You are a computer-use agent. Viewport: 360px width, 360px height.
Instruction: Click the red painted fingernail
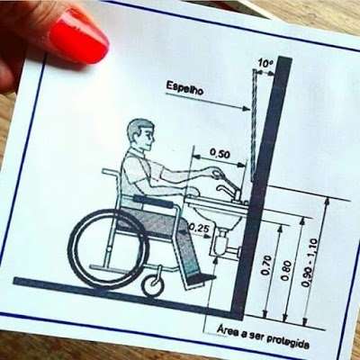(x=78, y=35)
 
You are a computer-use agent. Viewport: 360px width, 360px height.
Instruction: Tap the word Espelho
(x=184, y=88)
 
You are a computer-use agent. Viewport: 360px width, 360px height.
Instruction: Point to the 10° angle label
(x=265, y=64)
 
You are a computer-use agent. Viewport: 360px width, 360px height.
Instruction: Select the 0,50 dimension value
(x=220, y=154)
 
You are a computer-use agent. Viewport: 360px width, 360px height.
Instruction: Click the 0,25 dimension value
(x=197, y=229)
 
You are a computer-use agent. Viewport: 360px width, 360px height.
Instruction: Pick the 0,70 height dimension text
(x=266, y=265)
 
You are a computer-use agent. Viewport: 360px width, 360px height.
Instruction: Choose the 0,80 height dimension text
(x=287, y=271)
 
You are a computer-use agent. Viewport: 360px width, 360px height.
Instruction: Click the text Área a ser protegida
(x=263, y=337)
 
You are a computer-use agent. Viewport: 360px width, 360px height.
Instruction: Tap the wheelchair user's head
(x=141, y=135)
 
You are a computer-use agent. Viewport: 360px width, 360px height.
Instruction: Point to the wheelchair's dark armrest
(x=154, y=202)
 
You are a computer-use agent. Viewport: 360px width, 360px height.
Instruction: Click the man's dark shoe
(x=201, y=278)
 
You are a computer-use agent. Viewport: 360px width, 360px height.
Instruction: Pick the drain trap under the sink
(x=221, y=244)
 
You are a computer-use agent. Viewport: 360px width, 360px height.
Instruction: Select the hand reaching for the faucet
(x=217, y=173)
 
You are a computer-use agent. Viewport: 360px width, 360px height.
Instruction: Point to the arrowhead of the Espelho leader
(x=246, y=109)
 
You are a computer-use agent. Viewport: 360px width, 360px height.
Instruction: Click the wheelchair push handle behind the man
(x=111, y=172)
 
